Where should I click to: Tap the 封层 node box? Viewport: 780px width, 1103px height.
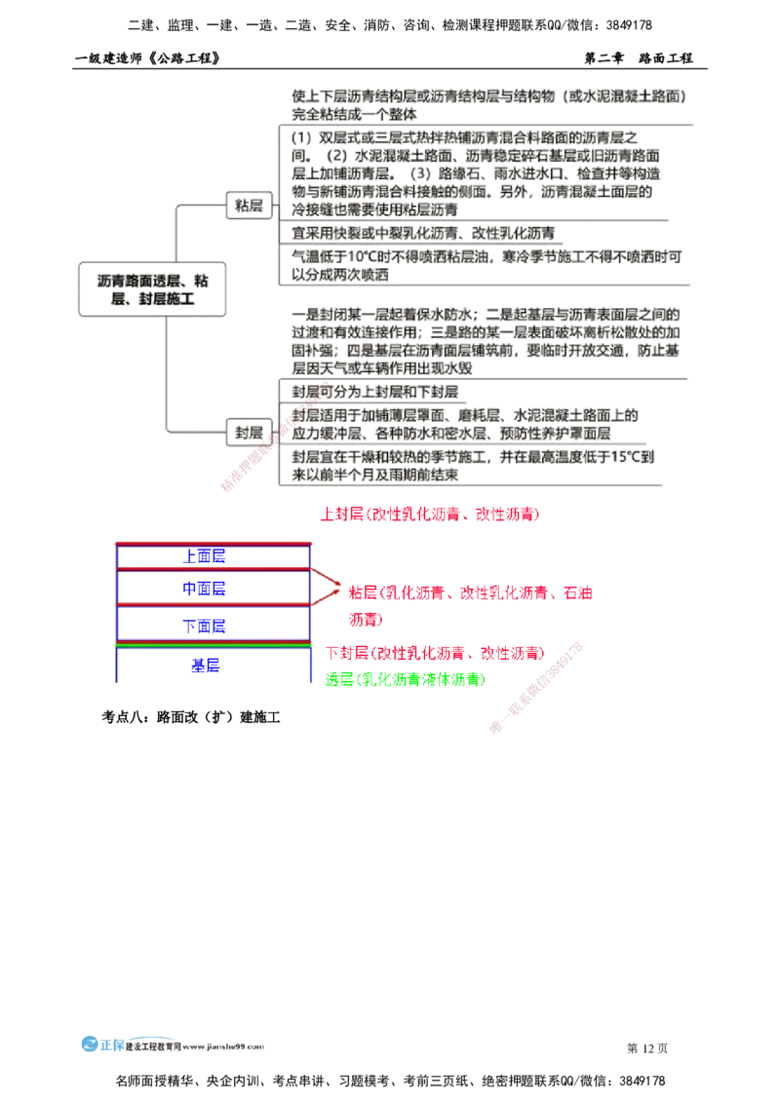[x=247, y=432]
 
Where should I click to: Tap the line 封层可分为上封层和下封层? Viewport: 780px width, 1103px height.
[x=374, y=391]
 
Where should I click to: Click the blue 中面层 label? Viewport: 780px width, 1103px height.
[x=205, y=590]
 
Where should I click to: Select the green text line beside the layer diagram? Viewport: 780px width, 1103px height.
[x=404, y=680]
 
